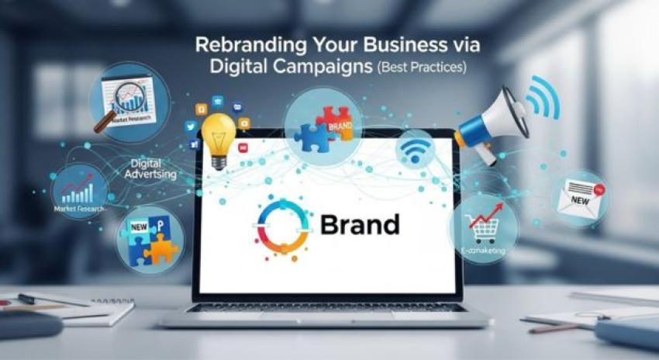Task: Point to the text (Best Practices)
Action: point(422,68)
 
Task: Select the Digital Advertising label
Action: point(150,169)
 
